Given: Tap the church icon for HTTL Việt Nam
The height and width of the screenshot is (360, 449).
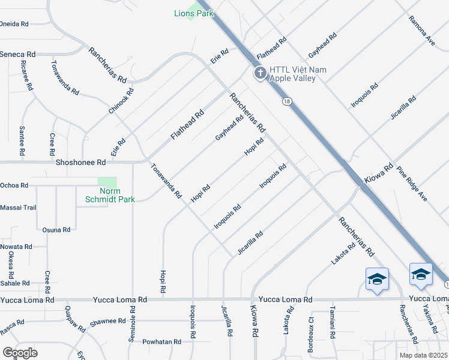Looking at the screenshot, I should pyautogui.click(x=260, y=73).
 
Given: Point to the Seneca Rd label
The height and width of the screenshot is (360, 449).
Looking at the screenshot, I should pyautogui.click(x=17, y=54).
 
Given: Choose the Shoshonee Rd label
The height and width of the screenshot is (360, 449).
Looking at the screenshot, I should pyautogui.click(x=80, y=162).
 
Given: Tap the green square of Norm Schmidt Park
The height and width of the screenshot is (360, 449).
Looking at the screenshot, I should pyautogui.click(x=107, y=182).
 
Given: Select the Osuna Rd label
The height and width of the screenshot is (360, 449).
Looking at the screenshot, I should pyautogui.click(x=56, y=230).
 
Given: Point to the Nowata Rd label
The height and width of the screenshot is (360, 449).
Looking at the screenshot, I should pyautogui.click(x=16, y=247).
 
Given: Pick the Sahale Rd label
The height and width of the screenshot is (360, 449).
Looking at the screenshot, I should pyautogui.click(x=15, y=283).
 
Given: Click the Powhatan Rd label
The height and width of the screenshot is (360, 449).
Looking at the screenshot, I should pyautogui.click(x=161, y=341).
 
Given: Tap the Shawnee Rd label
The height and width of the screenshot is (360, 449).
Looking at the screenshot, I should pyautogui.click(x=107, y=322).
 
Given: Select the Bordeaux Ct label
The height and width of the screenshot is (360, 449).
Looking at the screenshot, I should pyautogui.click(x=311, y=327).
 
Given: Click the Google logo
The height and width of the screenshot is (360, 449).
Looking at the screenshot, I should pyautogui.click(x=20, y=353).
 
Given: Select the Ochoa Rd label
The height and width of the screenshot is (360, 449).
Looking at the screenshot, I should pyautogui.click(x=14, y=185).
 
